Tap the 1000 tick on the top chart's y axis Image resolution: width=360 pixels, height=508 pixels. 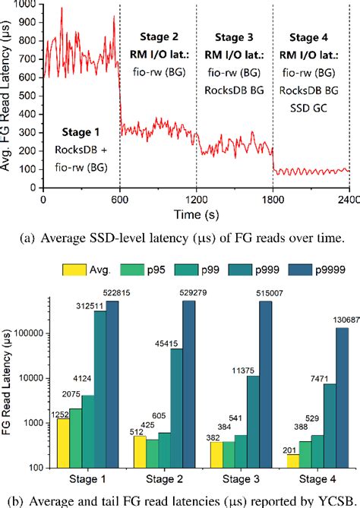pos(28,5)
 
